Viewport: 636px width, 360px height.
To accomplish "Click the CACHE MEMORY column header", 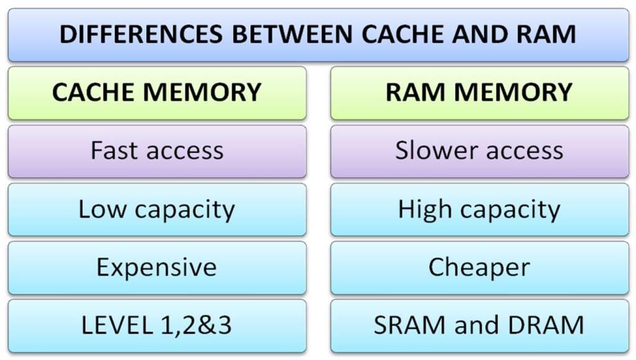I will [x=157, y=92].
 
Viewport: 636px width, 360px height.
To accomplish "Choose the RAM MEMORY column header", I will [x=479, y=92].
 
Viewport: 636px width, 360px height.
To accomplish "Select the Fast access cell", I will [x=157, y=151].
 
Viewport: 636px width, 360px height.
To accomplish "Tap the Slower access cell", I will [x=479, y=151].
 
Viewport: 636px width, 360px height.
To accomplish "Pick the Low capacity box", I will [x=157, y=209].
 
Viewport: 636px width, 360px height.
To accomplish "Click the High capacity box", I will [x=479, y=209].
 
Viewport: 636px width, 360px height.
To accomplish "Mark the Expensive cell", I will [x=157, y=268].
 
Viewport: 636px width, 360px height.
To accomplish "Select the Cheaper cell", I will [x=479, y=268].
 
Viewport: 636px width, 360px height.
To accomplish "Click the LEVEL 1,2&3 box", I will [x=157, y=325].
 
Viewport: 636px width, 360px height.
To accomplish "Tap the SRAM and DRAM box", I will [x=479, y=325].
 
